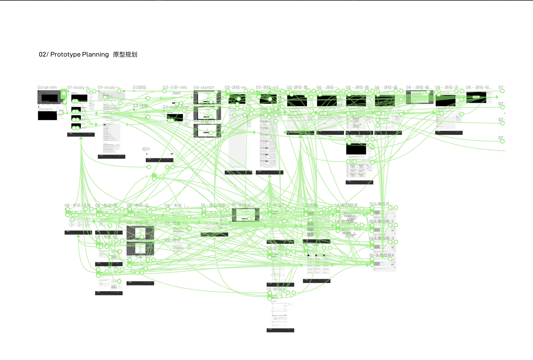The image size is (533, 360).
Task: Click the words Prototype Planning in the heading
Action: click(79, 54)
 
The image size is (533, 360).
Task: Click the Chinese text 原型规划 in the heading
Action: click(125, 54)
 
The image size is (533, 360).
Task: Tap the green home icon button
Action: click(64, 93)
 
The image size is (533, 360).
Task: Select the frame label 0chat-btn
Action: click(47, 87)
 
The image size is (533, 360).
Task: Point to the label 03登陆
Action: click(139, 87)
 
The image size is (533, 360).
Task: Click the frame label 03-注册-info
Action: click(175, 87)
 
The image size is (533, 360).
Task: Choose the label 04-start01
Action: click(204, 88)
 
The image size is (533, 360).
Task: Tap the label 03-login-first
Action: click(175, 107)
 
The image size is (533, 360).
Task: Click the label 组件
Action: click(146, 149)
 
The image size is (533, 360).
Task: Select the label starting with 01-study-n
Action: click(79, 87)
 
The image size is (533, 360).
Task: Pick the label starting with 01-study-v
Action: click(110, 87)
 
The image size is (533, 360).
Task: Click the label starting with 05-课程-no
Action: click(237, 87)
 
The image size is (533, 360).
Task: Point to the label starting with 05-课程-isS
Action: click(268, 87)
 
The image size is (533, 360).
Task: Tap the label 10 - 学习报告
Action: click(213, 205)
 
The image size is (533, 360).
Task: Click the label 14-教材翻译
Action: click(346, 205)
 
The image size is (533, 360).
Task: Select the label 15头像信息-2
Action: click(381, 221)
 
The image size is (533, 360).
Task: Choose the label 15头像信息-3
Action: click(381, 238)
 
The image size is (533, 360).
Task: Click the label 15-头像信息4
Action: click(381, 255)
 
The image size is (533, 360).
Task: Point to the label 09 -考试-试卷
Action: click(77, 206)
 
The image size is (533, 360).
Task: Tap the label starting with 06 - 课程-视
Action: click(479, 87)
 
